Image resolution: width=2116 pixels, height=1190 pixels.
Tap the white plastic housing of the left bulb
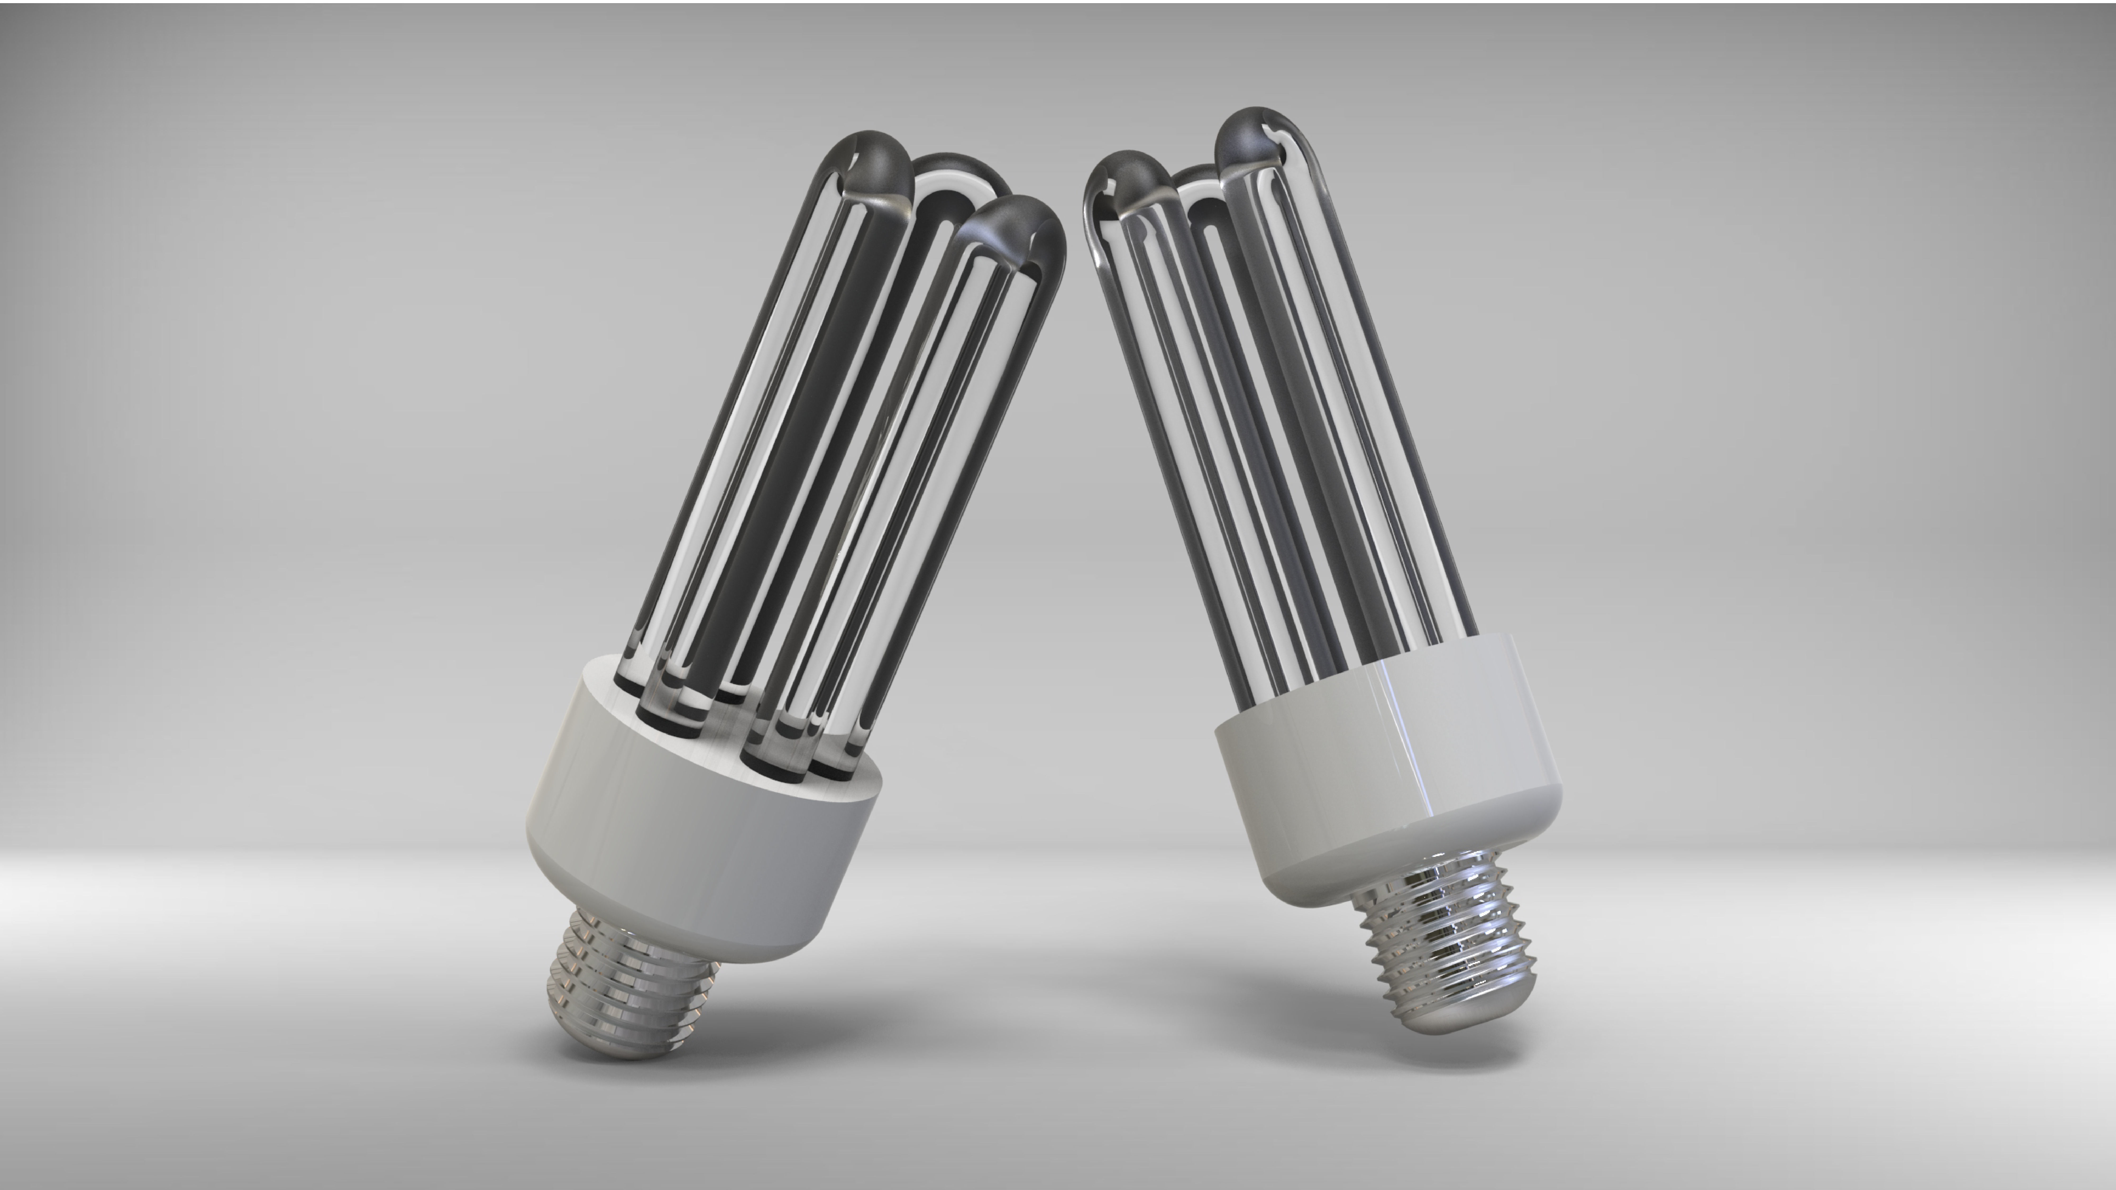point(698,854)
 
